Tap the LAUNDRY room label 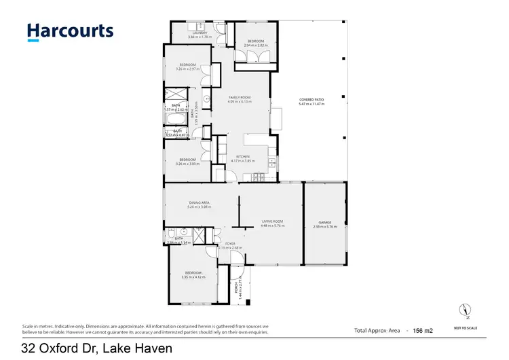coord(200,33)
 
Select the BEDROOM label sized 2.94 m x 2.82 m coord(255,42)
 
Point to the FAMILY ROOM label coord(241,98)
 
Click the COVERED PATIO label coord(312,101)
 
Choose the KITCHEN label coord(243,157)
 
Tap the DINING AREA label coord(199,203)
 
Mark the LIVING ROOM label coord(271,223)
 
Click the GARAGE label coord(324,223)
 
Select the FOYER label coord(231,243)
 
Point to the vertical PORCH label coord(237,290)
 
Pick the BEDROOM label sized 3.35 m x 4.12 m coord(193,272)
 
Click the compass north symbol coord(465,310)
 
